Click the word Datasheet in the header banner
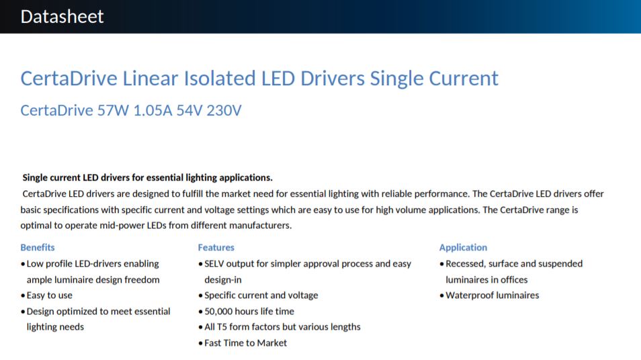coord(62,17)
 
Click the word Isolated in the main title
coord(220,78)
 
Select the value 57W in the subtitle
coord(113,110)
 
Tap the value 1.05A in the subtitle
coord(153,110)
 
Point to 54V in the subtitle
coord(189,110)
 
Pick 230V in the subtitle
coord(224,110)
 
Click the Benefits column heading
coord(38,247)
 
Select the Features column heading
coord(216,247)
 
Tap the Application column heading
coord(463,247)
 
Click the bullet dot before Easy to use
coord(23,296)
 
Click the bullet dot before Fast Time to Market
coord(200,343)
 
